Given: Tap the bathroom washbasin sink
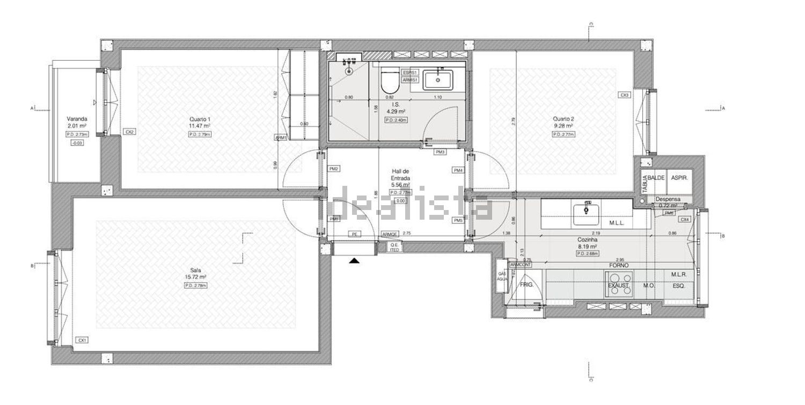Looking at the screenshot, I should tap(438, 80).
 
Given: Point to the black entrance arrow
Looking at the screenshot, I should tap(354, 261).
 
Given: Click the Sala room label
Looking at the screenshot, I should tap(195, 271).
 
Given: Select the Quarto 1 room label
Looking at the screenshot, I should tap(199, 119).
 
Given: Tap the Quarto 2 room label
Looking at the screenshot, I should tap(563, 119).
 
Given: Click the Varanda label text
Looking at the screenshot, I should tap(77, 119).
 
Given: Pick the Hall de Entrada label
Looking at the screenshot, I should tap(400, 175).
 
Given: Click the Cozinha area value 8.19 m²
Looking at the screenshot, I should tap(587, 247).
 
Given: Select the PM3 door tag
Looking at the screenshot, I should tap(440, 152).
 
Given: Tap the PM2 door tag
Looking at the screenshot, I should tap(334, 169).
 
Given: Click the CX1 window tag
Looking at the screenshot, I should tap(82, 340).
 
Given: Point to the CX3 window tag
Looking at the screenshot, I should tap(624, 95).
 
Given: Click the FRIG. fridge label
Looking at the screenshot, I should tap(527, 285).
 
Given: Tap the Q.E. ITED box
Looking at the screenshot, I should tap(394, 247).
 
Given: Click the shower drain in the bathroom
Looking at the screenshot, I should tap(350, 70).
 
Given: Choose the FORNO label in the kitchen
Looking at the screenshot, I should tap(619, 265).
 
